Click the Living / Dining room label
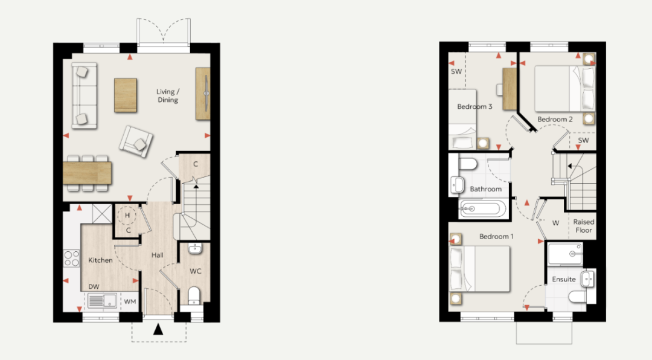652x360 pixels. pyautogui.click(x=168, y=95)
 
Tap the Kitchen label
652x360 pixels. pyautogui.click(x=100, y=260)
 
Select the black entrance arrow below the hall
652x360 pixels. pyautogui.click(x=158, y=329)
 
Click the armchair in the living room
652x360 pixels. pyautogui.click(x=136, y=141)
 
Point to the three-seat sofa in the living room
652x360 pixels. pyautogui.click(x=85, y=95)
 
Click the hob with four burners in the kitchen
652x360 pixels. pyautogui.click(x=71, y=258)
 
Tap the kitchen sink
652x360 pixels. pyautogui.click(x=102, y=301)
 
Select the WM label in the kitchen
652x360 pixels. pyautogui.click(x=130, y=301)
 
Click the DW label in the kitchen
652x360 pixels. pyautogui.click(x=94, y=287)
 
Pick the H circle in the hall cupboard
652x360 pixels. pyautogui.click(x=127, y=215)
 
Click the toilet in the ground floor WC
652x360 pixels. pyautogui.click(x=194, y=296)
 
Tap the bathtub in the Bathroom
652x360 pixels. pyautogui.click(x=482, y=208)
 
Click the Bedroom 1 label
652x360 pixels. pyautogui.click(x=496, y=236)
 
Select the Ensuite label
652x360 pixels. pyautogui.click(x=564, y=279)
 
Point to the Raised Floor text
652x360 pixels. pyautogui.click(x=584, y=226)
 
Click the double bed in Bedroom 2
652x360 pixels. pyautogui.click(x=564, y=89)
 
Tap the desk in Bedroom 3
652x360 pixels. pyautogui.click(x=510, y=89)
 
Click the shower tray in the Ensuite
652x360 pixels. pyautogui.click(x=565, y=254)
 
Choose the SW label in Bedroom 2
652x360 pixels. pyautogui.click(x=583, y=141)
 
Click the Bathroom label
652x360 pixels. pyautogui.click(x=485, y=189)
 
